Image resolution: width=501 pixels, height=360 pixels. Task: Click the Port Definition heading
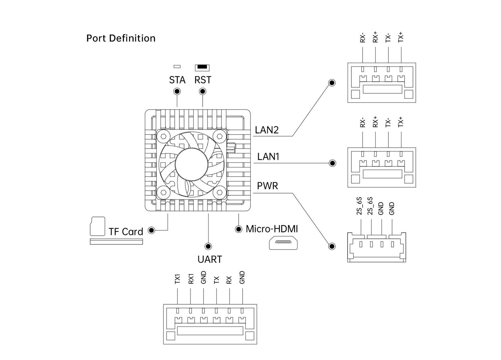coord(121,38)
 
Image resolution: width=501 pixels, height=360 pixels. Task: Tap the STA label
coord(177,80)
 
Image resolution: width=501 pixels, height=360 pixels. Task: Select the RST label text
coord(203,80)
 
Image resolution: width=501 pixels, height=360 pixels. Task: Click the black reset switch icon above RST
coord(202,68)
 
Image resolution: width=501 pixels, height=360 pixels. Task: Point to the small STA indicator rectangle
coord(177,66)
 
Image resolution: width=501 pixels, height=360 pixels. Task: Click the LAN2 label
coord(266,130)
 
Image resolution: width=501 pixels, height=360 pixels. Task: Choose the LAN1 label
coord(268,157)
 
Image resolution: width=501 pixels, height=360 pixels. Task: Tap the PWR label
coord(267,186)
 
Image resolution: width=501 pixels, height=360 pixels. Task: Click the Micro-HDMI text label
coord(272,229)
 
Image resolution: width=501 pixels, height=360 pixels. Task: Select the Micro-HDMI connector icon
coord(283,242)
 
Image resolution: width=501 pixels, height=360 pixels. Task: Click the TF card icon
coord(97,226)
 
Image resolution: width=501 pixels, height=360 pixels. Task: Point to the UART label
coord(209,260)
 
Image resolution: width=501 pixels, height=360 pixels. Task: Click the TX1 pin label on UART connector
coord(177,280)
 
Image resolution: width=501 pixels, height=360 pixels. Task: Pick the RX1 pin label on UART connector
coord(191,279)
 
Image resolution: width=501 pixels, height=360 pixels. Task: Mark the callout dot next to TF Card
coord(152,230)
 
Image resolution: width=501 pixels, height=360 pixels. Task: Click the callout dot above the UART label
coord(208,246)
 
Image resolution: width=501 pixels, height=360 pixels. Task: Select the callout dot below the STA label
coord(177,91)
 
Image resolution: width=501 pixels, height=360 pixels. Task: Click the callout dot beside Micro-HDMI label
coord(239,229)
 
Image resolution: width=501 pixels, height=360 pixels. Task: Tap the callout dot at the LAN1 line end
coord(332,163)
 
